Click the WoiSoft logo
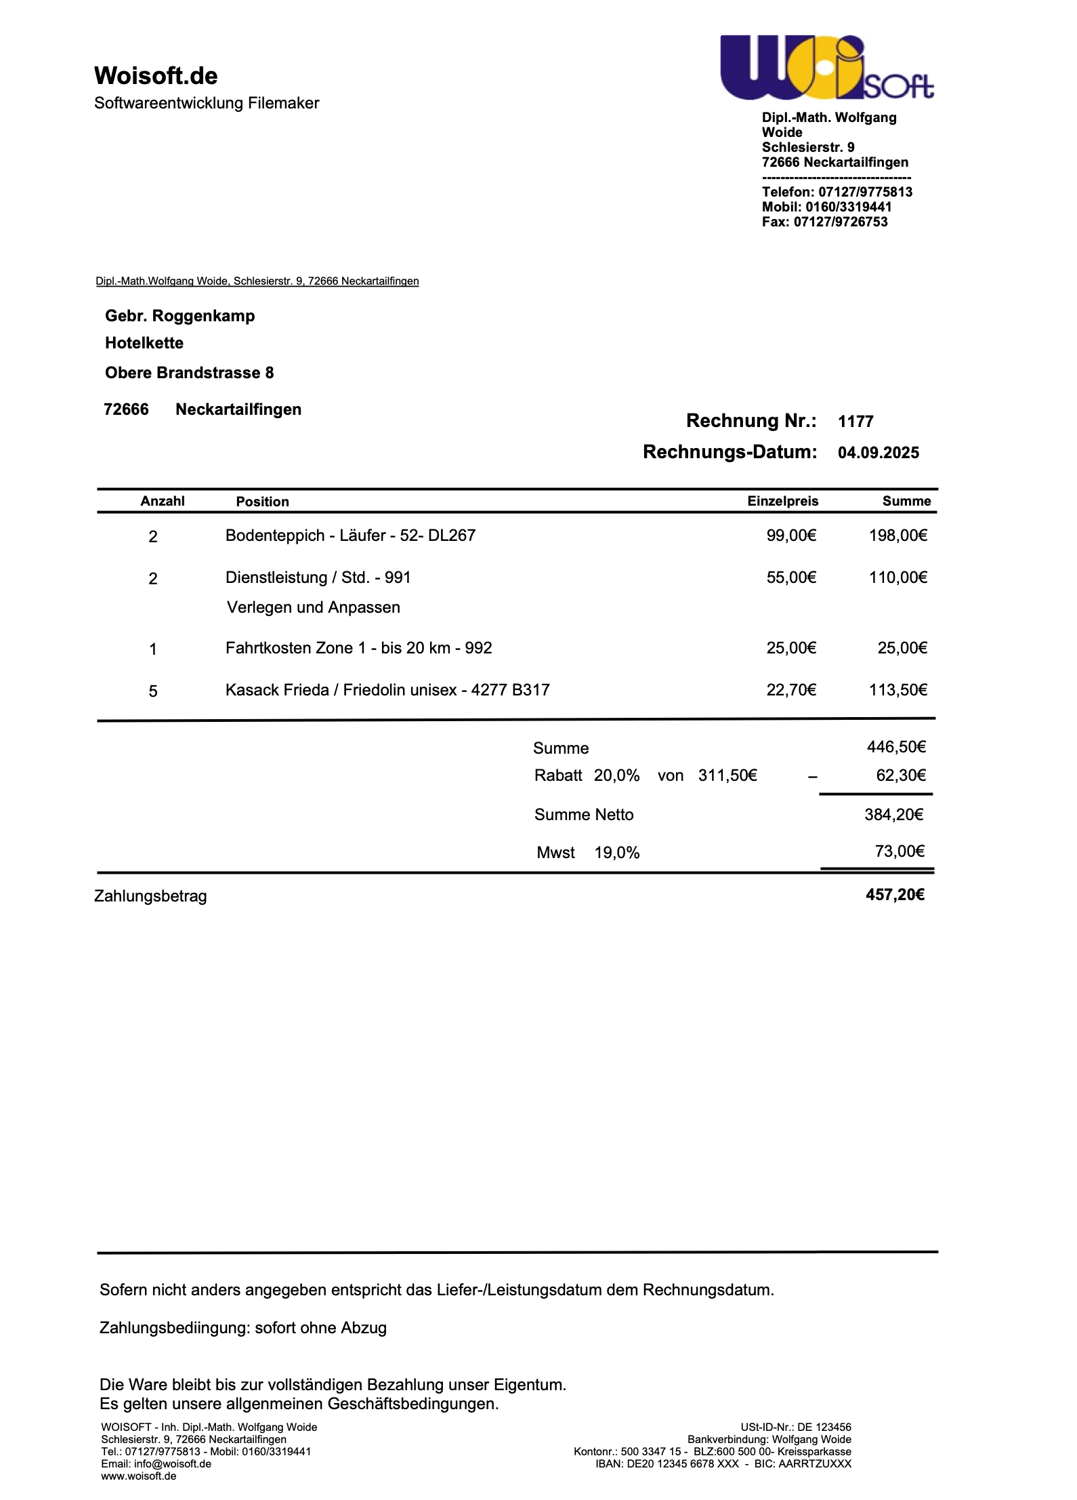[x=826, y=68]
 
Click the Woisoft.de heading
[x=156, y=76]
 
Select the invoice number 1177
[x=856, y=422]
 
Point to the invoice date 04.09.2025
[x=878, y=453]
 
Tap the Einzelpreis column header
[x=782, y=501]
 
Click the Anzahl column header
[x=163, y=501]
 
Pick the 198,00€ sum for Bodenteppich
[x=897, y=535]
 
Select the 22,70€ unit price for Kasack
[x=791, y=690]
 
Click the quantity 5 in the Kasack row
[x=153, y=691]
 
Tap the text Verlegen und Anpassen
[x=313, y=607]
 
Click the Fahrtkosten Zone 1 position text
[x=358, y=648]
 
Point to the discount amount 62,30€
[x=900, y=775]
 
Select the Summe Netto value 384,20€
[x=893, y=815]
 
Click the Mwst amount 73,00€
[x=899, y=851]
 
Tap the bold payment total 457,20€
[x=894, y=895]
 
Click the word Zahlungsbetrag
[x=150, y=896]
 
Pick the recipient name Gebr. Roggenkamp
[x=179, y=316]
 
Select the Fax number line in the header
[x=824, y=222]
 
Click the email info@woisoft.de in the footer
[x=172, y=1463]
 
